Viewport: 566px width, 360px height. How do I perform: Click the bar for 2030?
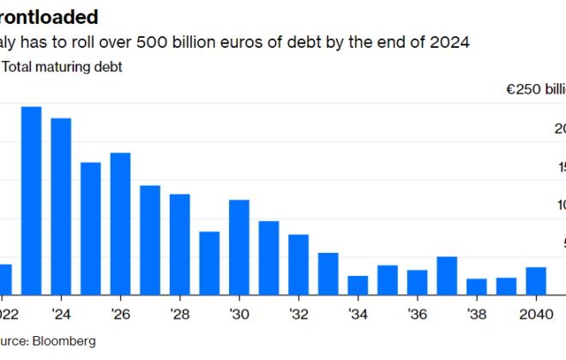point(239,248)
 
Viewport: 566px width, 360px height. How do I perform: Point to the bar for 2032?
point(298,265)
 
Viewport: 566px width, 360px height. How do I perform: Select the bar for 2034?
point(358,285)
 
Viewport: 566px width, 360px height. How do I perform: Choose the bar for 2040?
point(536,281)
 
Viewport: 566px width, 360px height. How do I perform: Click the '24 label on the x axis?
point(61,312)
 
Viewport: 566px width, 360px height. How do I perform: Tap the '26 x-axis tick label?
point(121,312)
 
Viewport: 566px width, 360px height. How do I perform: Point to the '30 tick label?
point(239,312)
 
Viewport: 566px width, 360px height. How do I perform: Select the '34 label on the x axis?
point(358,312)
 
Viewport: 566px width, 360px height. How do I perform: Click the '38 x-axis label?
point(476,312)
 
